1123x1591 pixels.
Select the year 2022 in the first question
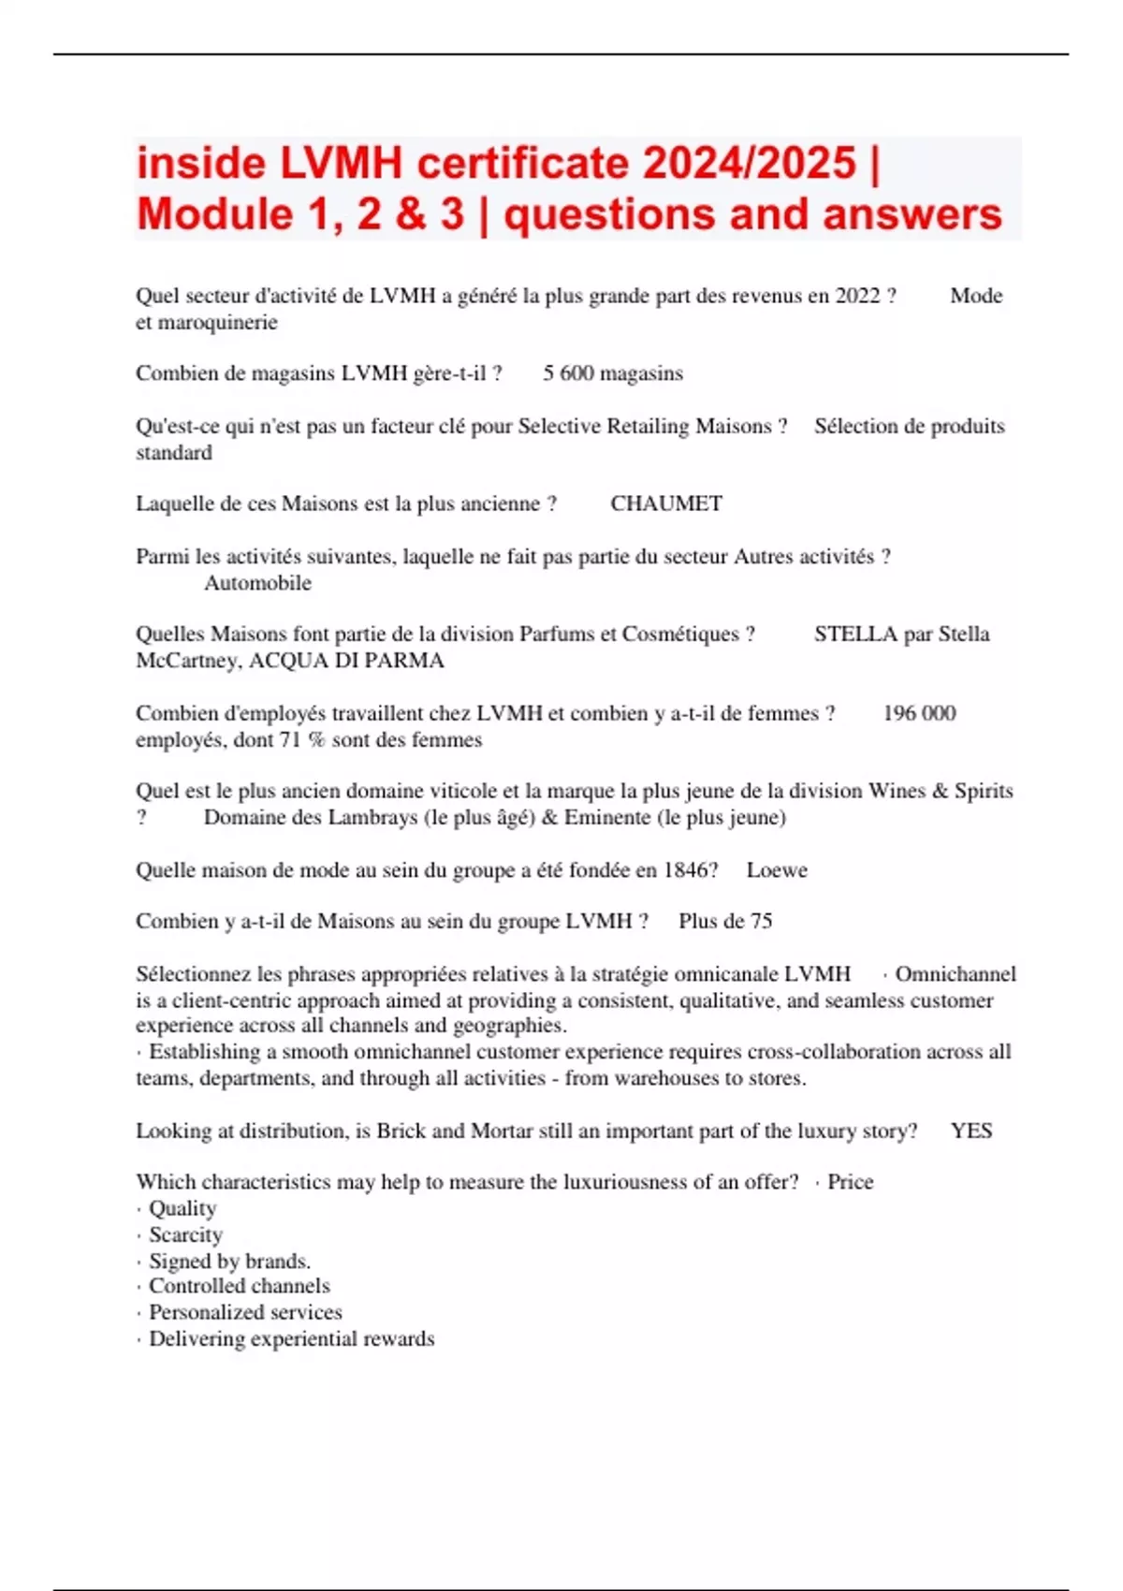[857, 296]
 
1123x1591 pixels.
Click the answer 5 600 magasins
[613, 373]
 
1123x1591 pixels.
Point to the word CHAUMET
[666, 504]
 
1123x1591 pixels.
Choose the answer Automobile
[257, 583]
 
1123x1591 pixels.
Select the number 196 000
[919, 713]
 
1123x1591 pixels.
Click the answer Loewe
[777, 870]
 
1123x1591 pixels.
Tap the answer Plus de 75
[725, 921]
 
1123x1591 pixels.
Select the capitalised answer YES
[971, 1131]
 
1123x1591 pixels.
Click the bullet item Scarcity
[185, 1234]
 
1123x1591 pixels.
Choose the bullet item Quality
[182, 1208]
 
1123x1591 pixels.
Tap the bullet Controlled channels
[240, 1286]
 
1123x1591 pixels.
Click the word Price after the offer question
[850, 1182]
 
